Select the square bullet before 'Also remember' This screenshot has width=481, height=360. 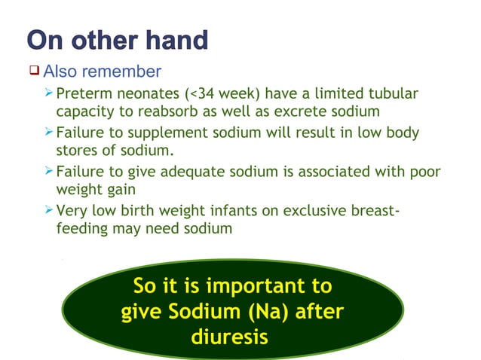pos(34,72)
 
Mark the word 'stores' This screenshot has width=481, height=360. pos(78,150)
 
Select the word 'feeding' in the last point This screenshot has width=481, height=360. pos(81,228)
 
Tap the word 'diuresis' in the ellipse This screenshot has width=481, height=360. pos(229,336)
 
